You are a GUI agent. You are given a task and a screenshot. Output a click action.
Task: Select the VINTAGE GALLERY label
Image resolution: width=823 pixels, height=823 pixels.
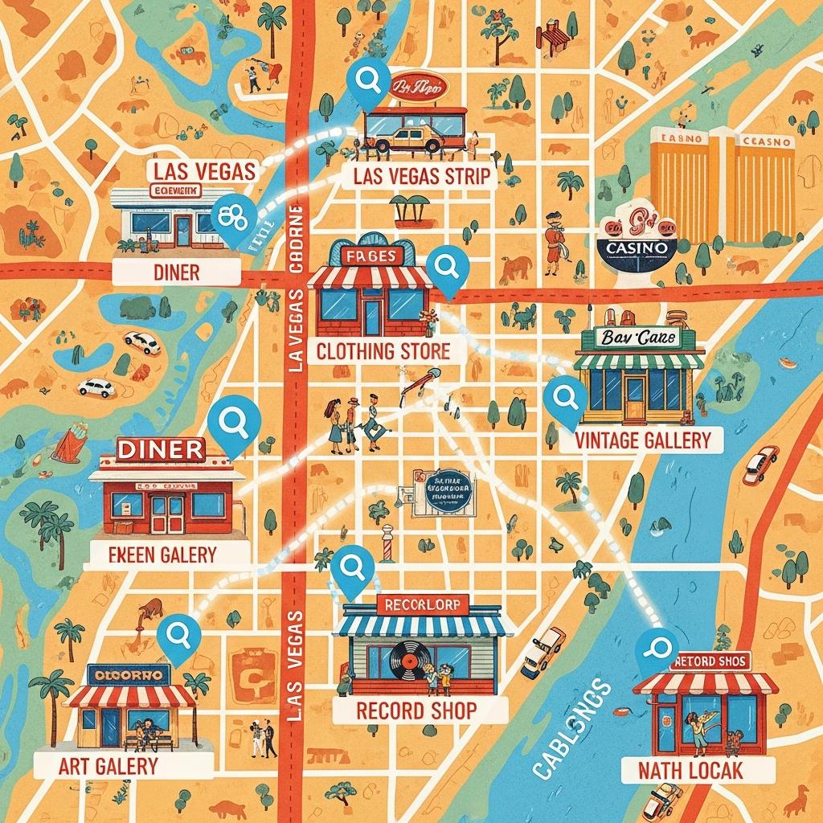(x=643, y=440)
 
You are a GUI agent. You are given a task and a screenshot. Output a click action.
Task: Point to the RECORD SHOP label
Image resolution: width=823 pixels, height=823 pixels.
(x=416, y=710)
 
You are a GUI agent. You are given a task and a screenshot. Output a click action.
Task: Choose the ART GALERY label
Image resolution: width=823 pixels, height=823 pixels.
(x=108, y=765)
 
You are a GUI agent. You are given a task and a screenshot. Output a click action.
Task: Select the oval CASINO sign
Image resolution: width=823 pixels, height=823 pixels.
(x=638, y=248)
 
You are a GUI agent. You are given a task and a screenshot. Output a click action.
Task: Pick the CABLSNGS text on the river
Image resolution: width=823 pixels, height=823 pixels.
(x=572, y=728)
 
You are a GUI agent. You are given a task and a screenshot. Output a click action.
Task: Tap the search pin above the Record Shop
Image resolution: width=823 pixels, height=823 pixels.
(x=352, y=569)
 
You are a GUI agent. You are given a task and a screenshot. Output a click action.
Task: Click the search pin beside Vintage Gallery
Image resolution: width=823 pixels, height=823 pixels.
(x=564, y=399)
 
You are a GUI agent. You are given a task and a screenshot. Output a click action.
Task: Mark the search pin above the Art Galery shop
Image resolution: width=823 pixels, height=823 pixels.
(x=178, y=635)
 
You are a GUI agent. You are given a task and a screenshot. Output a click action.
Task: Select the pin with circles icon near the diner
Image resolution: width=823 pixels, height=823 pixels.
(x=234, y=218)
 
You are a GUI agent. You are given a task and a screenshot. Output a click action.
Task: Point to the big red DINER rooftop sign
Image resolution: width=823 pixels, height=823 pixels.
(x=161, y=449)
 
